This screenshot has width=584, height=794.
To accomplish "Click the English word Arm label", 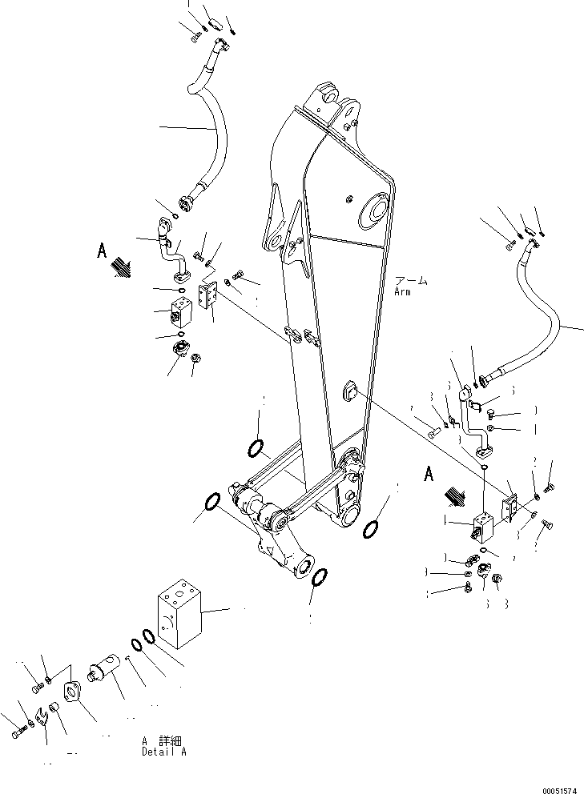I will point(402,292).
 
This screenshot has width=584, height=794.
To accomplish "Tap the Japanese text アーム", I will point(410,282).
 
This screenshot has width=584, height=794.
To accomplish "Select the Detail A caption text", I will point(163,752).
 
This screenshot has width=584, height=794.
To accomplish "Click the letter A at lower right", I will point(429,475).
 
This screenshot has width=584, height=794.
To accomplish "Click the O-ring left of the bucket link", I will point(213,503).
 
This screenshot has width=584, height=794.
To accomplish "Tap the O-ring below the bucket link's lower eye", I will point(318,578).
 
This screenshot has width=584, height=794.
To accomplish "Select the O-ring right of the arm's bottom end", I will point(371,529).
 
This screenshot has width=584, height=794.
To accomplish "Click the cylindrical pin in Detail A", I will point(103,669).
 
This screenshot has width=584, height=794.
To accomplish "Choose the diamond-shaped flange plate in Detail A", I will point(72,693).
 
